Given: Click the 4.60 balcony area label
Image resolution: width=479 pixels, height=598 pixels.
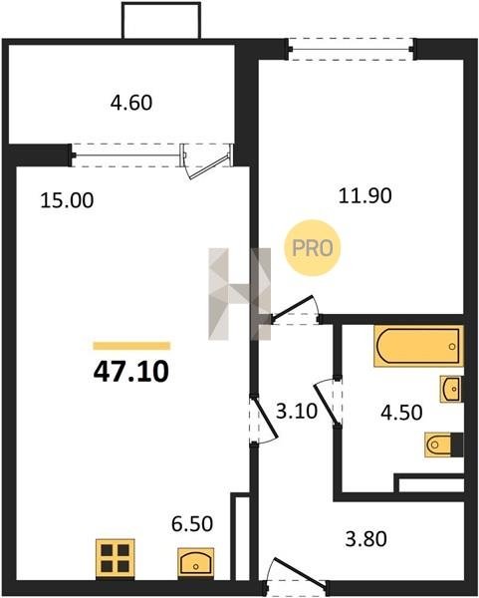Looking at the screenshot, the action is pos(131,103).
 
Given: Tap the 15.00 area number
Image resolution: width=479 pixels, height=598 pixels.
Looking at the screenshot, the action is pos(67,200).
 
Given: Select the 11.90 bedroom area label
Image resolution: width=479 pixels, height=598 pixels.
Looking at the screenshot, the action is pos(365,196).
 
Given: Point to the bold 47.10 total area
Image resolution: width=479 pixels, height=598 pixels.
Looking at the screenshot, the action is pos(131,372).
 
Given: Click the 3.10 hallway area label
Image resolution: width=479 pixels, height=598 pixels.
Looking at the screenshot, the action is pos(297,411).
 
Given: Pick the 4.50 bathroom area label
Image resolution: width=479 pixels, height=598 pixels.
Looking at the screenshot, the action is pos(401,413).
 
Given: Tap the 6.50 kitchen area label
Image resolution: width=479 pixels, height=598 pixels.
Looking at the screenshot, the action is pos(192,524).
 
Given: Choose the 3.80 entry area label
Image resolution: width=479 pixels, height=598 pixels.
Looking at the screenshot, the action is pos(365,539).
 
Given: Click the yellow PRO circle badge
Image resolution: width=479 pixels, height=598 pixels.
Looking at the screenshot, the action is pos(313,248).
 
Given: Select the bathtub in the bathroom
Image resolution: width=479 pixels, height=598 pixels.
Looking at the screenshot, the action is pos(418,346).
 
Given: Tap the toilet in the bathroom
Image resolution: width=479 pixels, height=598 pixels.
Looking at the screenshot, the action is pos(443,445).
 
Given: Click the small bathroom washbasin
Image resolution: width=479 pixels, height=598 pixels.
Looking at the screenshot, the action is pos(451,389).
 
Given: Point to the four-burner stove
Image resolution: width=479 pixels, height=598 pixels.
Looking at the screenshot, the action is pos(116,559).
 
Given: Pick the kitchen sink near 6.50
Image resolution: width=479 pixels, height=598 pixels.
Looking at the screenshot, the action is pos(195,561).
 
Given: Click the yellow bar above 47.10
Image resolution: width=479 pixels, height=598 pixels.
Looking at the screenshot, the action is pos(131,346).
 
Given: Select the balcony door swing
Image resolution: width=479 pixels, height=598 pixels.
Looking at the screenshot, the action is pos(206,160).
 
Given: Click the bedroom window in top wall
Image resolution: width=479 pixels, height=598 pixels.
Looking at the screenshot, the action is pos(351,49).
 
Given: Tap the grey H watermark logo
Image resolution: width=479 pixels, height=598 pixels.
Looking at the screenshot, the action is pos(239,294).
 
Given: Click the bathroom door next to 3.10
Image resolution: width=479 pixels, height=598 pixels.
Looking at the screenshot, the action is pos(328,402).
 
